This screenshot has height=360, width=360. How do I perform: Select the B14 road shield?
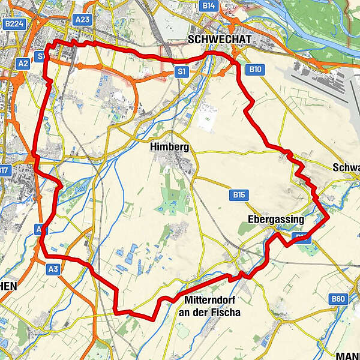coord(209,5)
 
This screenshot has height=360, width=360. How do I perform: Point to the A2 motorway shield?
coord(23,62)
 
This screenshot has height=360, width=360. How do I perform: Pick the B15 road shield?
coord(238,194)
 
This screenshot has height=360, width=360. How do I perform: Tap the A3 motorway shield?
coord(53,270)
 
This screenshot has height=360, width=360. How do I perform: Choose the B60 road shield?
coord(339,298)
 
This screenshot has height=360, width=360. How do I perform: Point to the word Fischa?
coord(226,313)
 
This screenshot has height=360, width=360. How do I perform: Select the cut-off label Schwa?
coord(346,168)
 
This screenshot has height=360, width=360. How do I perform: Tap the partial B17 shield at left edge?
coord(5,170)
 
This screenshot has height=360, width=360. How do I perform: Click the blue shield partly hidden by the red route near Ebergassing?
coord(301,238)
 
